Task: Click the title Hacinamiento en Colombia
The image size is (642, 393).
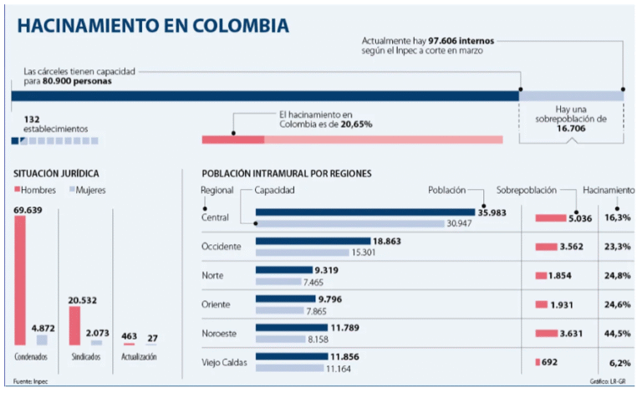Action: tap(153, 26)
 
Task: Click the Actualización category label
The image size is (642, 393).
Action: tap(140, 356)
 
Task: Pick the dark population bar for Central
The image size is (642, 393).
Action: tap(366, 212)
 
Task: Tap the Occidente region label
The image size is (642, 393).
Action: tap(221, 247)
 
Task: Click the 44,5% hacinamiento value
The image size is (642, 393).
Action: tap(619, 334)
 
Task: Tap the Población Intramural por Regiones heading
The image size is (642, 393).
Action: tap(287, 173)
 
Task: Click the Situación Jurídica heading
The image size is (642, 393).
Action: tap(56, 173)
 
